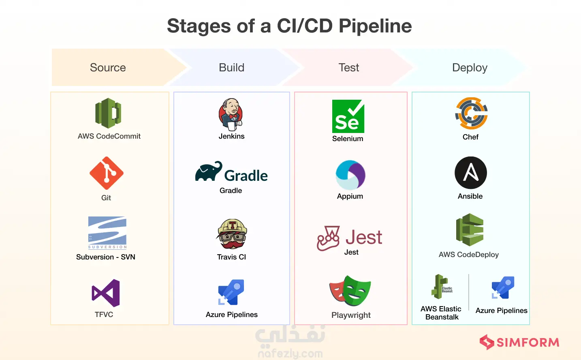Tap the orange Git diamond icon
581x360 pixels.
pos(107,173)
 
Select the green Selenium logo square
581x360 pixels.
pos(348,116)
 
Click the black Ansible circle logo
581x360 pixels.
pos(471,173)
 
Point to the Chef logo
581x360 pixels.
pos(471,114)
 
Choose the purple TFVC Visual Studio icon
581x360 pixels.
pos(106,293)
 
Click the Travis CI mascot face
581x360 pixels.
pos(232,234)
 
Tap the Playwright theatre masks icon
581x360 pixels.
pos(350,291)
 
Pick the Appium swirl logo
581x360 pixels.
pos(350,175)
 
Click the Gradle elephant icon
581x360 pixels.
pos(209,172)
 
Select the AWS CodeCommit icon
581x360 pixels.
pos(108,113)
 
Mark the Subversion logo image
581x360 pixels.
pos(107,233)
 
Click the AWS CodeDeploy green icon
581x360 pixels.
pos(470,229)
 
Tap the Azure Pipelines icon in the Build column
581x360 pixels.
pos(231,292)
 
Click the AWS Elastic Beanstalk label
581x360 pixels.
pos(441,313)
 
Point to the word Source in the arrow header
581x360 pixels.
pos(108,68)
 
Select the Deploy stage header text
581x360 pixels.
pos(470,68)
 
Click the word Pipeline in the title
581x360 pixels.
pos(375,26)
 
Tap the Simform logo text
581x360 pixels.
pos(528,343)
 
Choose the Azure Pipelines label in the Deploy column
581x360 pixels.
pos(502,311)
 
